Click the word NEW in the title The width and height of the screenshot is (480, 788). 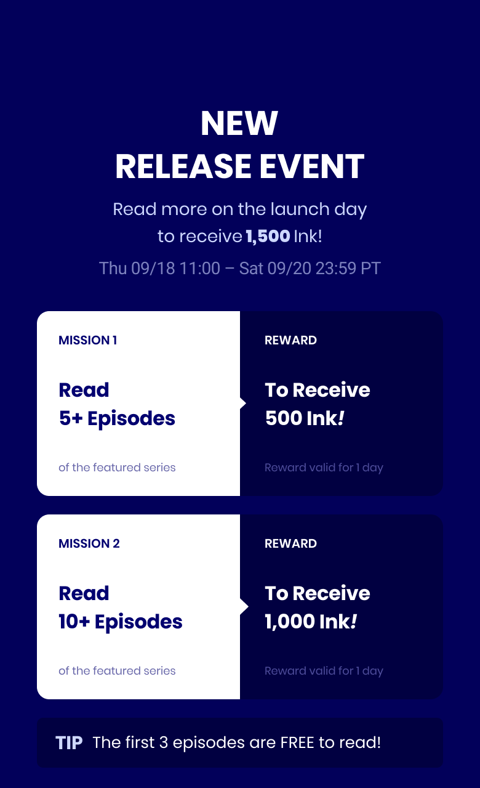(239, 123)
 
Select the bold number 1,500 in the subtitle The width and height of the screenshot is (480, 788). (268, 237)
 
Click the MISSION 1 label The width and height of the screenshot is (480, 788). (87, 340)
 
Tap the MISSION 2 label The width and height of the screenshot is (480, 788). (89, 543)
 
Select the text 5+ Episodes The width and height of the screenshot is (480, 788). (117, 418)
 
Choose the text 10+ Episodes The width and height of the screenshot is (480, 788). (120, 622)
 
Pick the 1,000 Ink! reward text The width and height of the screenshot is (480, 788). (311, 622)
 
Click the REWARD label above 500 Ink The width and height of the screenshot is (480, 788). (290, 340)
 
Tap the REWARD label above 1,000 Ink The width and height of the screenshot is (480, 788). (290, 543)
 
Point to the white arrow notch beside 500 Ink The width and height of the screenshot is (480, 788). (243, 404)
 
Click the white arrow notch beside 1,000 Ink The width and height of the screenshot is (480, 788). (243, 607)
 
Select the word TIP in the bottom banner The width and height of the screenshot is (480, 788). (69, 742)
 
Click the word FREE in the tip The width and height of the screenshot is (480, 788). (297, 742)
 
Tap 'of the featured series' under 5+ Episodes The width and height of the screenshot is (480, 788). (117, 468)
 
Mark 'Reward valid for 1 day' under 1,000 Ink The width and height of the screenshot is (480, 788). (324, 671)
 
